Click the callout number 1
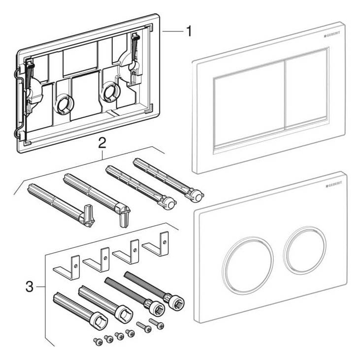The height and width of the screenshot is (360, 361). coord(188,32)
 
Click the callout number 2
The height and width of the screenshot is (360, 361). coord(102,143)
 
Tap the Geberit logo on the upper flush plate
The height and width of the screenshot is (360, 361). coord(333,34)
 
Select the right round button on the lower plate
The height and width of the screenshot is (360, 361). coord(304,249)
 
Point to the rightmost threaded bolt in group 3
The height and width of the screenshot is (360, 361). coord(153,289)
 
